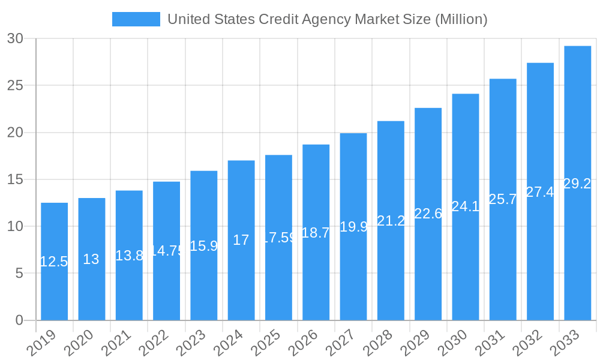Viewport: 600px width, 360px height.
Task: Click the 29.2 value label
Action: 577,184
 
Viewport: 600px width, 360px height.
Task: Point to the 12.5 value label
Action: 54,262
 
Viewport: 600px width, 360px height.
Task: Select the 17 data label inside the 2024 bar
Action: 241,240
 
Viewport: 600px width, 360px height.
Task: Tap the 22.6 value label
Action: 428,214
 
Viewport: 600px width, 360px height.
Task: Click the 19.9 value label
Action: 353,227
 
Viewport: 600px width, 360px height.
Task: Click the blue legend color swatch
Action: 136,19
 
